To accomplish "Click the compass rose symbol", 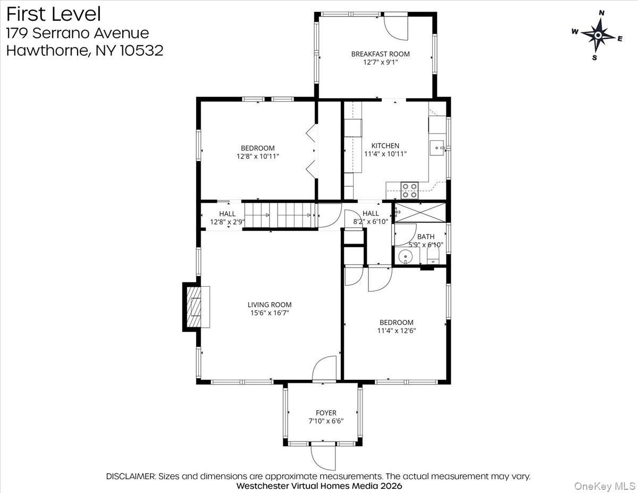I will click(598, 35).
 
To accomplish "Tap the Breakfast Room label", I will click(380, 54).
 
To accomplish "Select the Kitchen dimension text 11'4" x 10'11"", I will click(385, 154).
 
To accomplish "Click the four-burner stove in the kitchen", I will click(409, 187).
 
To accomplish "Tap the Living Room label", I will click(270, 305).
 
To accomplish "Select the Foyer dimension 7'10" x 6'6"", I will click(326, 421).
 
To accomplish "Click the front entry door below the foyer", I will click(323, 456).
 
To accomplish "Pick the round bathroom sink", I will click(406, 256).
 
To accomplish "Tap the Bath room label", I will click(425, 237).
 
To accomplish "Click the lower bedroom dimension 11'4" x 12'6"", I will click(396, 330).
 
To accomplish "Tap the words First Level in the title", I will click(53, 13).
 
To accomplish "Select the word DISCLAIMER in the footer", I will click(131, 476).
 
